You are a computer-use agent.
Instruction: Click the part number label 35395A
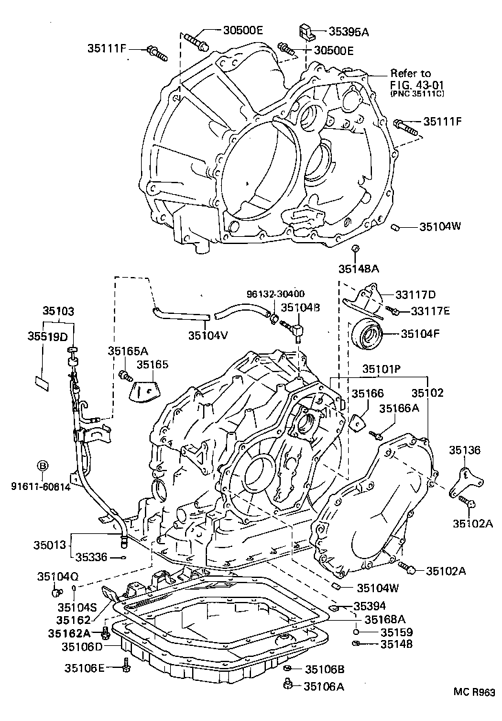point(351,30)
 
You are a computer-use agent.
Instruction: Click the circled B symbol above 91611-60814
point(42,465)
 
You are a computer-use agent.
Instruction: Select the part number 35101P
point(381,369)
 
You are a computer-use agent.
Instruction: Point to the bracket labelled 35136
point(464,481)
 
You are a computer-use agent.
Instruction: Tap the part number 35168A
point(384,619)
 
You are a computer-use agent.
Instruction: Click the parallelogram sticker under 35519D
point(42,382)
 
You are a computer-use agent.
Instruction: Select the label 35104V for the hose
point(208,335)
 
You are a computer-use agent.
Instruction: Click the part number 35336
point(92,556)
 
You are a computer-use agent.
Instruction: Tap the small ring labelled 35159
point(356,632)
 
